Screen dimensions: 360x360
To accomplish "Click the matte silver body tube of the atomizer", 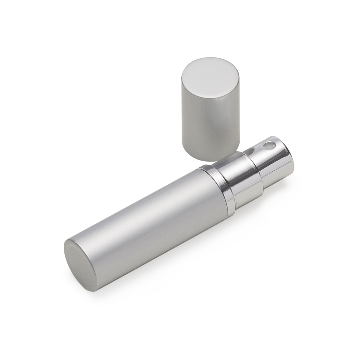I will coord(151,223).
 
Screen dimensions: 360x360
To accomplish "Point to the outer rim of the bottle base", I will coord(68,252).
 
